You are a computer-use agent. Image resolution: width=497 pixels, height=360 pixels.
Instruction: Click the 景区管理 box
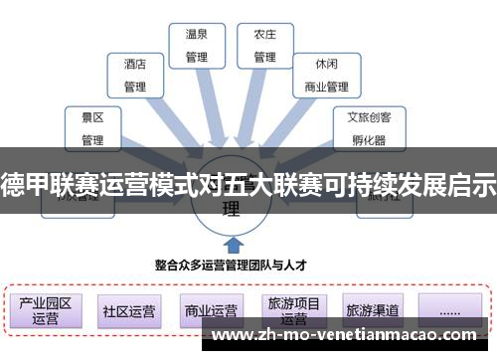[x=92, y=127]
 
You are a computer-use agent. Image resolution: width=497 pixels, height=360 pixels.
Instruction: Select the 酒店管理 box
[x=135, y=75]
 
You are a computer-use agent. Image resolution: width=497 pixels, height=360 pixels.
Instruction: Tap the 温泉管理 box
[x=197, y=45]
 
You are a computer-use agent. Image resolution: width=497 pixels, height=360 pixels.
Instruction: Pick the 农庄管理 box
[x=263, y=45]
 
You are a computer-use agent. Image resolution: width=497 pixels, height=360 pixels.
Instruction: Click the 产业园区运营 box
[x=46, y=310]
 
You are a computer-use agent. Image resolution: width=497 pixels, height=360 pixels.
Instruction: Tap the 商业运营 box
[x=211, y=310]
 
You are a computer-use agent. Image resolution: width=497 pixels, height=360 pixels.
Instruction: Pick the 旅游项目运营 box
[x=293, y=310]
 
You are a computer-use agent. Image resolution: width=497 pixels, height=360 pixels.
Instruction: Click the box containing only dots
[x=448, y=310]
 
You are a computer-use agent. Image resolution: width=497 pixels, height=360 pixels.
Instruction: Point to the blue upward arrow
[x=231, y=243]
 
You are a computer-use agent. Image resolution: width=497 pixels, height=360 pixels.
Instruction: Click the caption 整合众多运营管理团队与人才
[x=230, y=266]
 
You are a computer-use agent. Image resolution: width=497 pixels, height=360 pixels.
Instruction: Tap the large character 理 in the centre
[x=231, y=210]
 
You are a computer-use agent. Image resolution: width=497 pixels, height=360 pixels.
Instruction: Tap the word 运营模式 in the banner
[x=160, y=183]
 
